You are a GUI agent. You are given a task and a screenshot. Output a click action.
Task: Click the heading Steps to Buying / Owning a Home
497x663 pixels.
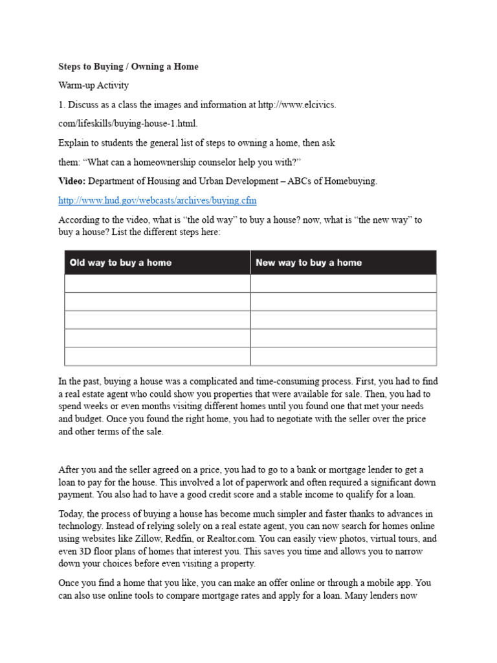click(128, 67)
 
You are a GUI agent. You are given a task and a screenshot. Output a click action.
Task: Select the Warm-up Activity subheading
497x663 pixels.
click(94, 85)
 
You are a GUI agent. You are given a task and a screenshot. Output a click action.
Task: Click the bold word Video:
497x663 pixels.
click(72, 181)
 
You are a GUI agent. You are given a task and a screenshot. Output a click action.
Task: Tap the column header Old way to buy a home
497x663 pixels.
click(120, 263)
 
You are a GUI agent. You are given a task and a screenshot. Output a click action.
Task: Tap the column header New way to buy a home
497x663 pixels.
click(309, 263)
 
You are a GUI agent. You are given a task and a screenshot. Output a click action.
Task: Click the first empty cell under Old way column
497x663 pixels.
click(157, 284)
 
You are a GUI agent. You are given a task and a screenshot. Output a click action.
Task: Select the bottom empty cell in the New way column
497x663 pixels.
click(343, 356)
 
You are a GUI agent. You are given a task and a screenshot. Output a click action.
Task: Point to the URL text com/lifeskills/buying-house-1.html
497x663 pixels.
click(128, 123)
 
